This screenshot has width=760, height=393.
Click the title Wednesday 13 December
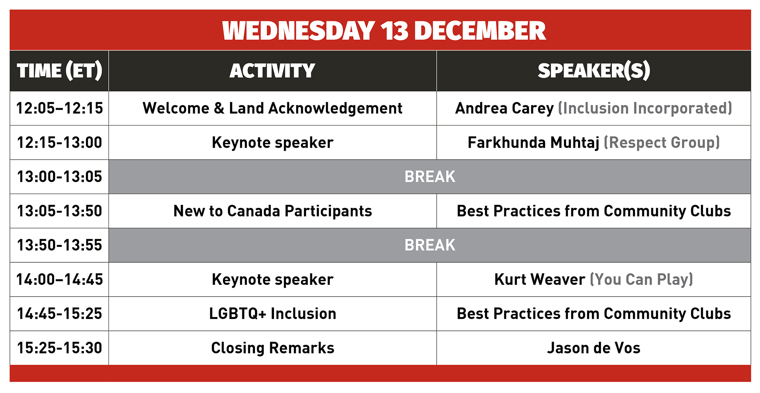[384, 31]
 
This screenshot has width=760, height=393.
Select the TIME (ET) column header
[59, 71]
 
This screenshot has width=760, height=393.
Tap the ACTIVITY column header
[272, 71]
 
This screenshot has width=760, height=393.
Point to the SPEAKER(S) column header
[594, 71]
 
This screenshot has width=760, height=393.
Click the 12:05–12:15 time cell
[59, 108]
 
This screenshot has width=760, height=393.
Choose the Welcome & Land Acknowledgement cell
[272, 108]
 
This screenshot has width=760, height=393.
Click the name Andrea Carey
[504, 108]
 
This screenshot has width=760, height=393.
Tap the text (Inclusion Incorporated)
[645, 108]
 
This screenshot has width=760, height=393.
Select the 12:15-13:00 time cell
[59, 143]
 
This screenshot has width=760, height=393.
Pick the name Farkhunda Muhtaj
[533, 143]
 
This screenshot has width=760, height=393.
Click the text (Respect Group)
[661, 143]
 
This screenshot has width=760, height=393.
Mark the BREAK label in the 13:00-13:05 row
[430, 177]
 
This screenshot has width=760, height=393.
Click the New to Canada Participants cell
[272, 211]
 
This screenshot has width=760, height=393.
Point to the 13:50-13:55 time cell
[59, 245]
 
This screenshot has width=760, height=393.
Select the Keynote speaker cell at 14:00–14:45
[272, 280]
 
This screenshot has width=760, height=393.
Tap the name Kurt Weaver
[540, 280]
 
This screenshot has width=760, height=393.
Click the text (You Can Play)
[641, 280]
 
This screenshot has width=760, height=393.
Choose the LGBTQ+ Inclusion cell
[272, 314]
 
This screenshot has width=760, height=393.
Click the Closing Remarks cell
[272, 348]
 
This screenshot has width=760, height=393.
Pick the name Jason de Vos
[594, 348]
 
